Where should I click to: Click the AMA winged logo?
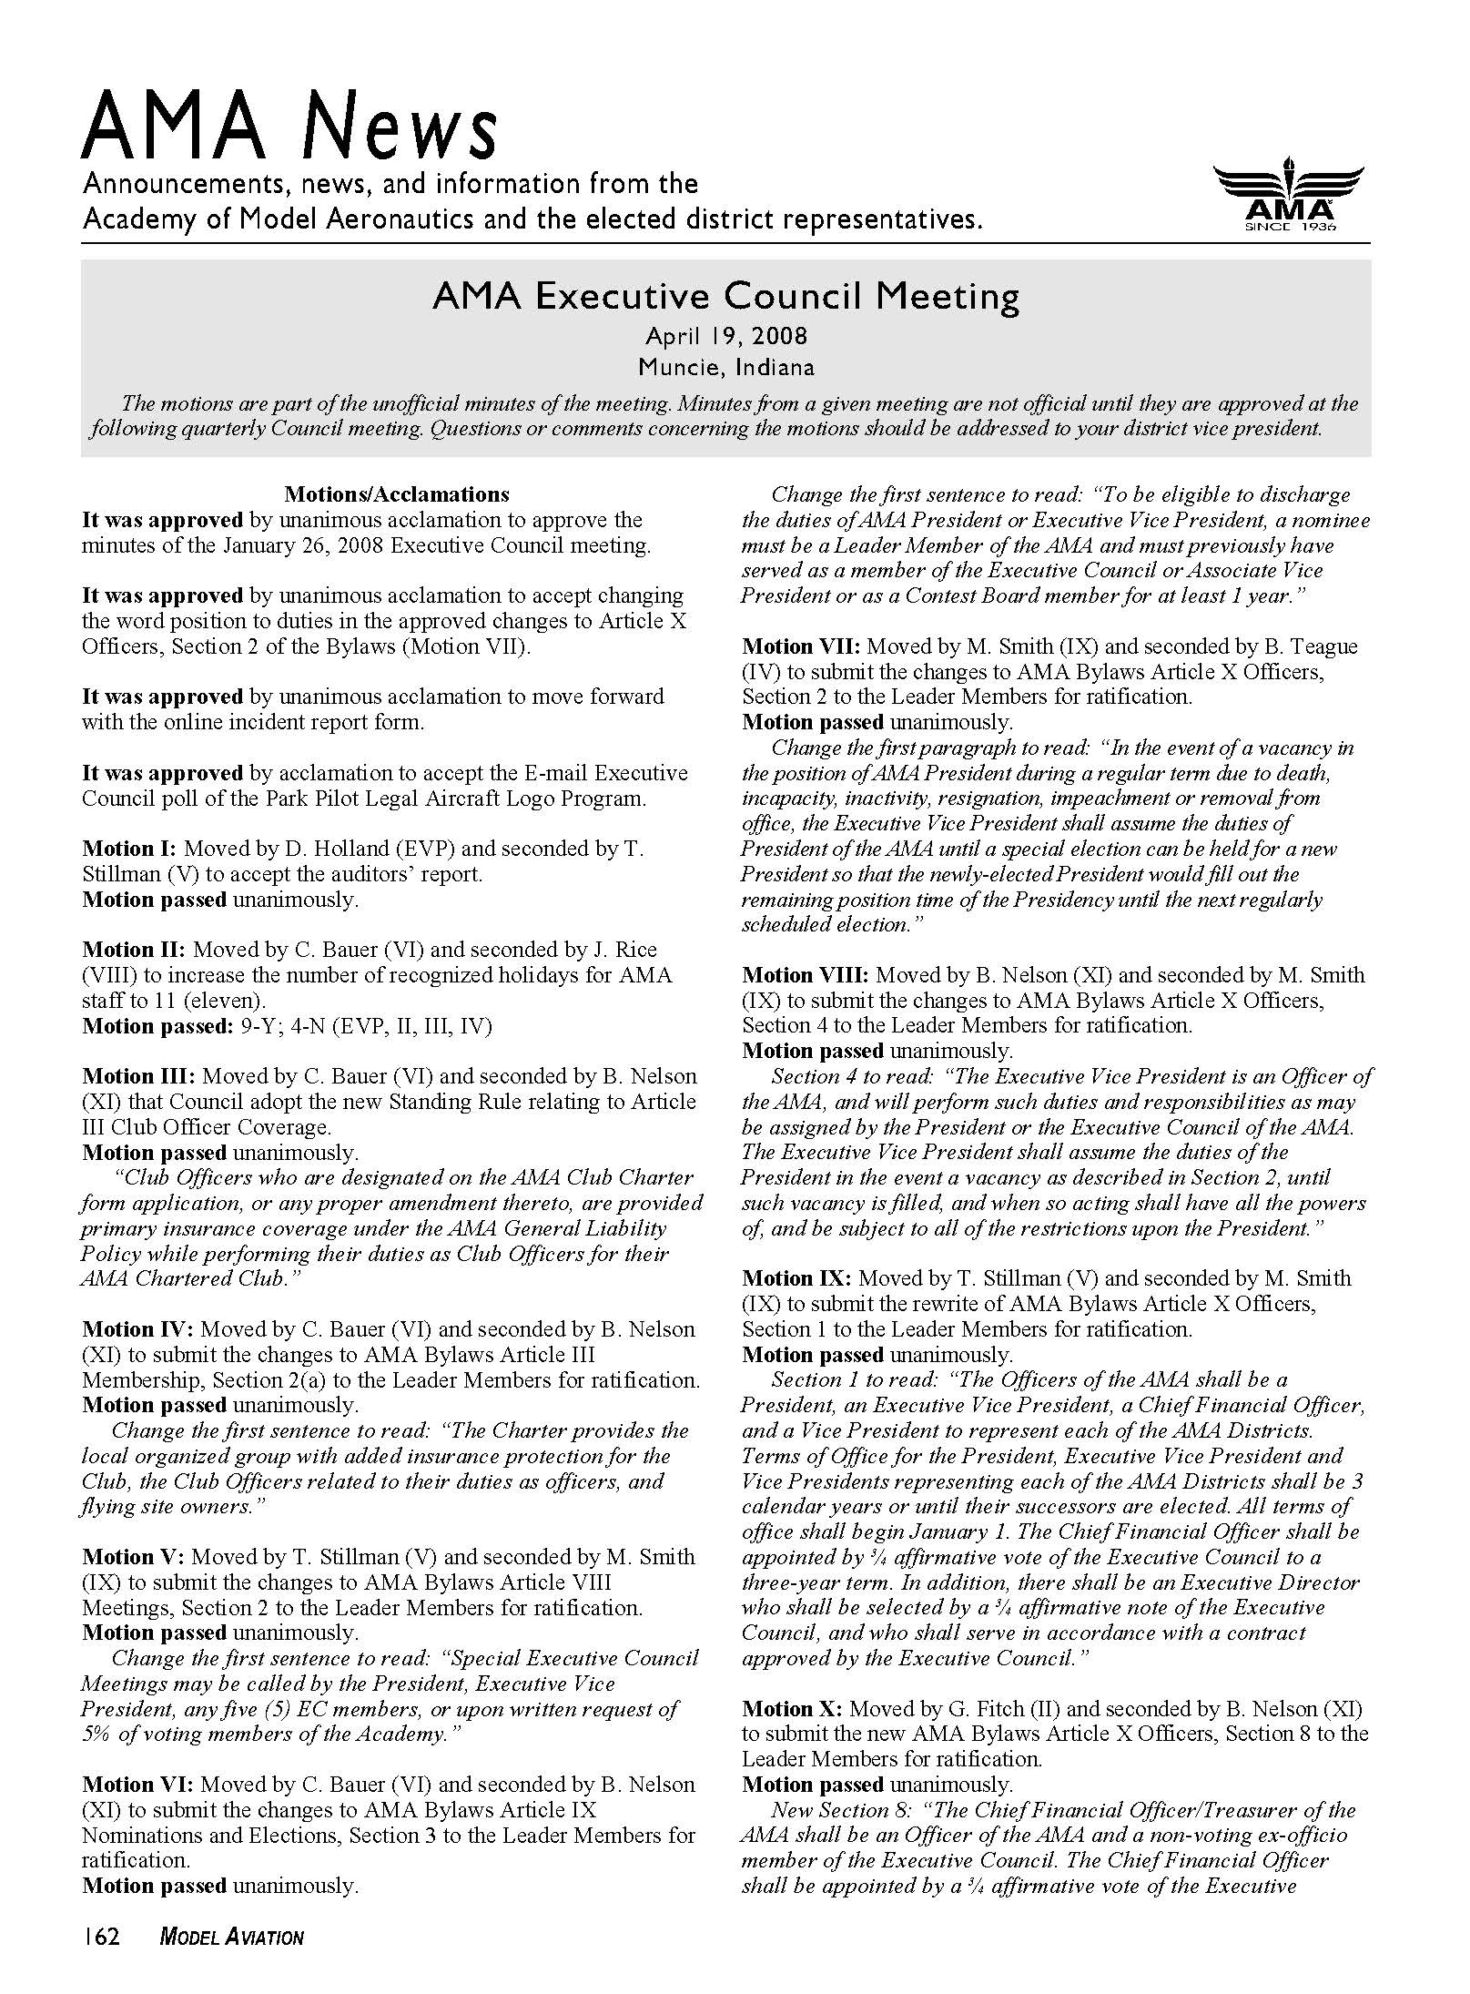click(x=1289, y=198)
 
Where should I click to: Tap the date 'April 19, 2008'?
click(x=725, y=337)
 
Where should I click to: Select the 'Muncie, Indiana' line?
click(x=725, y=368)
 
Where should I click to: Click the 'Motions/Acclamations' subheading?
click(x=396, y=494)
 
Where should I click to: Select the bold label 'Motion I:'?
click(x=129, y=849)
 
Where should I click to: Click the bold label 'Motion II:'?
click(x=134, y=950)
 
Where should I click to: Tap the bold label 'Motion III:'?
click(x=138, y=1076)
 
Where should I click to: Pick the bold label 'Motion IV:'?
click(x=137, y=1329)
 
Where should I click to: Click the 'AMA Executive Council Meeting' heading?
click(x=725, y=297)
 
